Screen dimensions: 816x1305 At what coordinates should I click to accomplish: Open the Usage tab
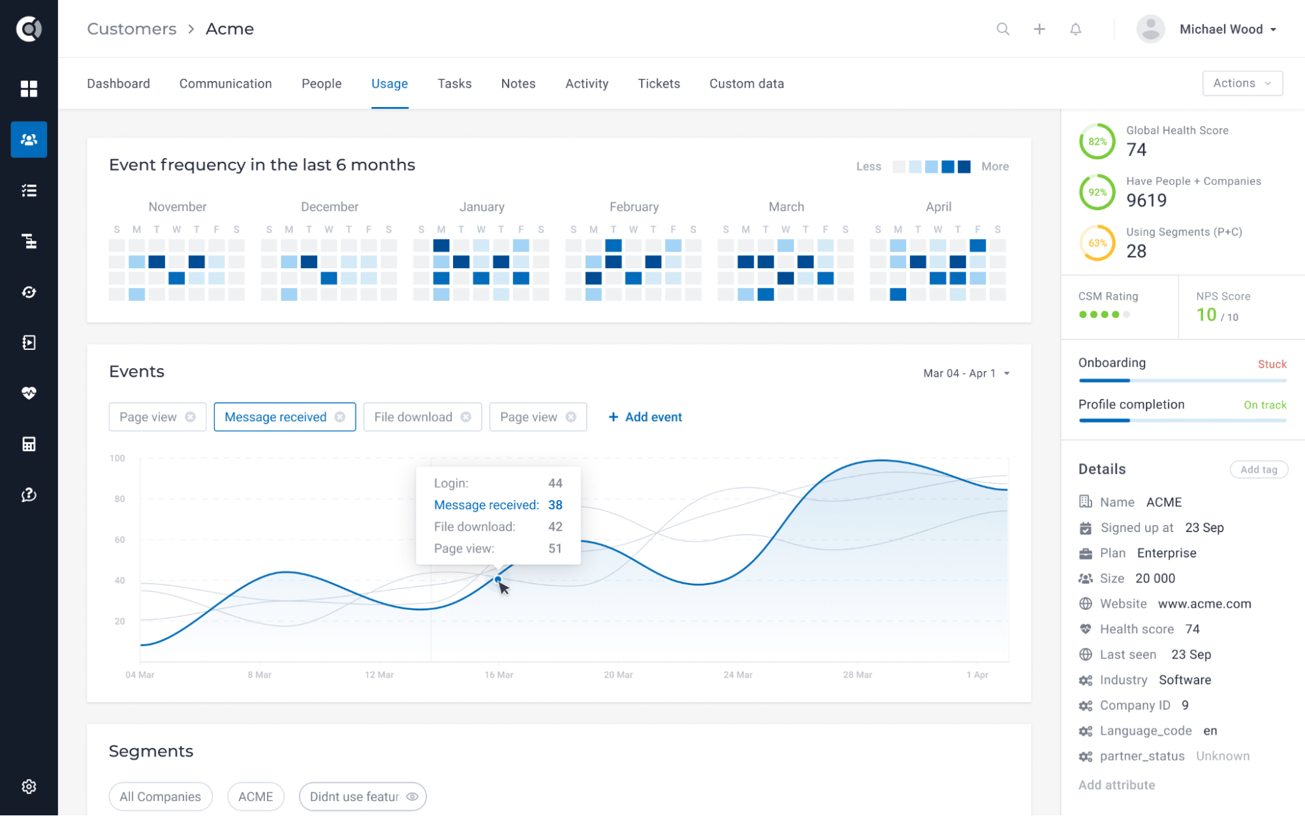[389, 84]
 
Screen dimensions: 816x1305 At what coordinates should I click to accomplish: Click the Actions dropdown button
[1242, 83]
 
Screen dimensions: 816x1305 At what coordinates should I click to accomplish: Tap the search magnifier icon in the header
[1003, 29]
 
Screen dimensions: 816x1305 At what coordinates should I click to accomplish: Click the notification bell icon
[1075, 29]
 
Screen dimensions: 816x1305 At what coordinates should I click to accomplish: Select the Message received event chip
[275, 417]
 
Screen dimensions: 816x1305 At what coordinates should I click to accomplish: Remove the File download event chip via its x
[465, 417]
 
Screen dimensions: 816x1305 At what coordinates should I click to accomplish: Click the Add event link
[645, 417]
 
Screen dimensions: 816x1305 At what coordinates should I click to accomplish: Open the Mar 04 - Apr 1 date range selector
[966, 373]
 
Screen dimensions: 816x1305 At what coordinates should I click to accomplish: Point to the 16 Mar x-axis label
[498, 674]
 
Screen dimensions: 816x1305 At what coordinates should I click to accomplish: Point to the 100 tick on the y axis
[118, 458]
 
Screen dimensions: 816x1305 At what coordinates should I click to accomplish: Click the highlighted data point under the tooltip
[498, 579]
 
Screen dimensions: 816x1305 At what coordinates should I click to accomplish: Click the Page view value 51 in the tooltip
[555, 548]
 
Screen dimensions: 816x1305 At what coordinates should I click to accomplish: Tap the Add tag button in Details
[1258, 469]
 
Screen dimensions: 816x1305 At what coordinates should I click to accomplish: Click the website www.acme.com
[1204, 604]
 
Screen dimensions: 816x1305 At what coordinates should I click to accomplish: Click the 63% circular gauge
[1097, 243]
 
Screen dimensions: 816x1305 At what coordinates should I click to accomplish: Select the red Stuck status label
[1271, 364]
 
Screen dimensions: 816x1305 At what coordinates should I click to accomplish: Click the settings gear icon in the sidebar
[29, 787]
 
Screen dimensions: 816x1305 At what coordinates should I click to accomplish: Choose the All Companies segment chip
[161, 796]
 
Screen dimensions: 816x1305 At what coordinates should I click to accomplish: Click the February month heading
[634, 207]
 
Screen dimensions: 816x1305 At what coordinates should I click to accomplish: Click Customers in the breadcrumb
[132, 29]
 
